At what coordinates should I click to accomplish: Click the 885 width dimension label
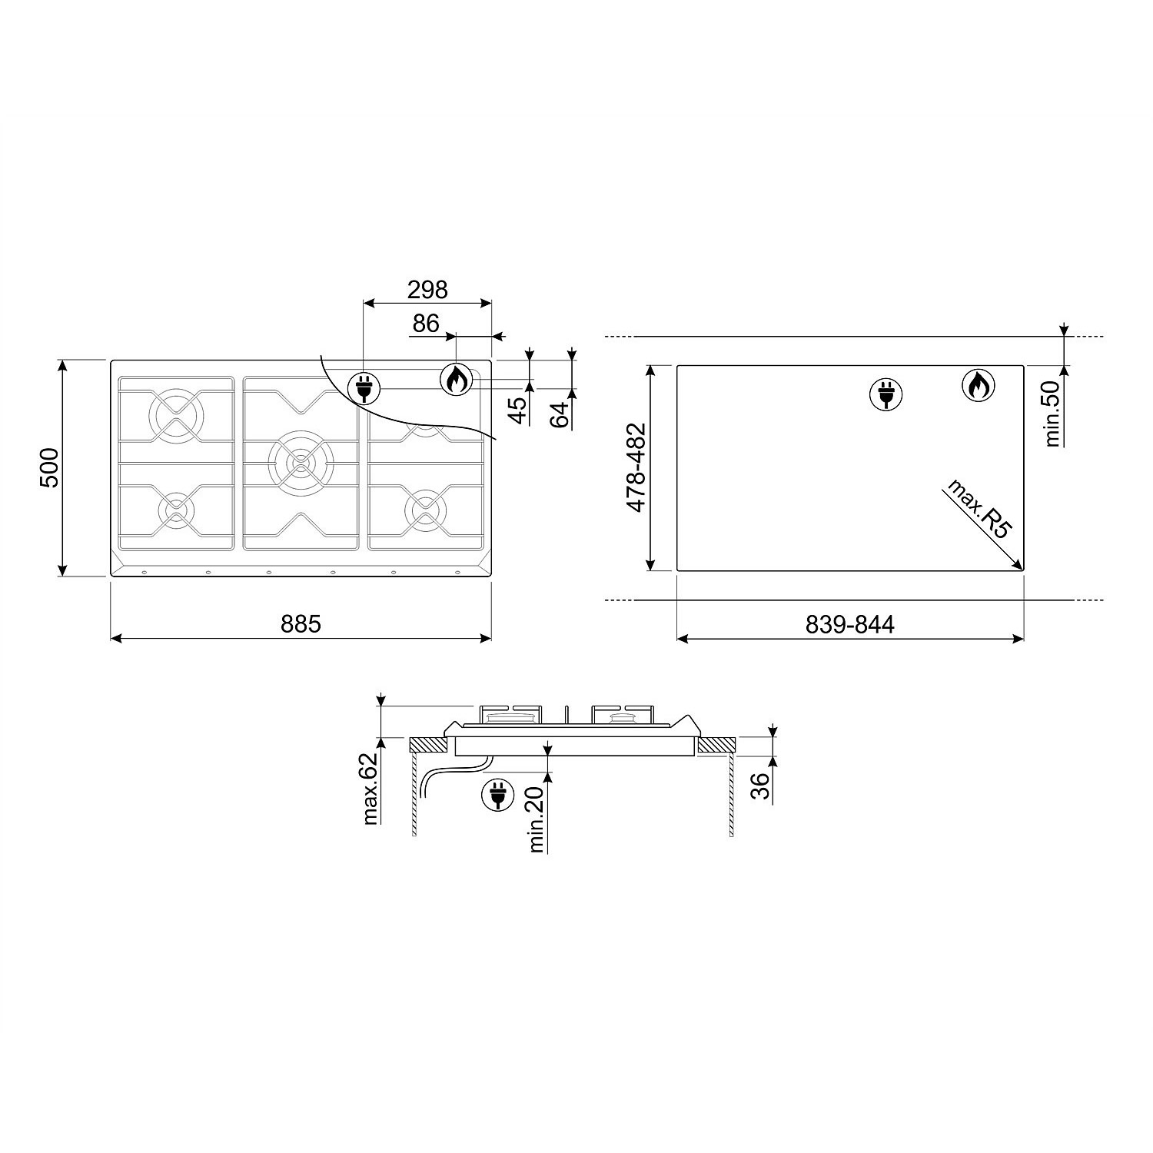tap(301, 623)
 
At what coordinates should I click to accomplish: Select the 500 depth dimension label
tap(49, 467)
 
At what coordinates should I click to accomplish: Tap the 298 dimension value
tap(427, 290)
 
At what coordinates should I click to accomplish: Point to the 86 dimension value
tap(425, 324)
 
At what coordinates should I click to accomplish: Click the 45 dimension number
tap(519, 410)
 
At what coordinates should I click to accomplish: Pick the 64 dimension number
tap(561, 414)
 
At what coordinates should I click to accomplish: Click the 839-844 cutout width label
tap(850, 624)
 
